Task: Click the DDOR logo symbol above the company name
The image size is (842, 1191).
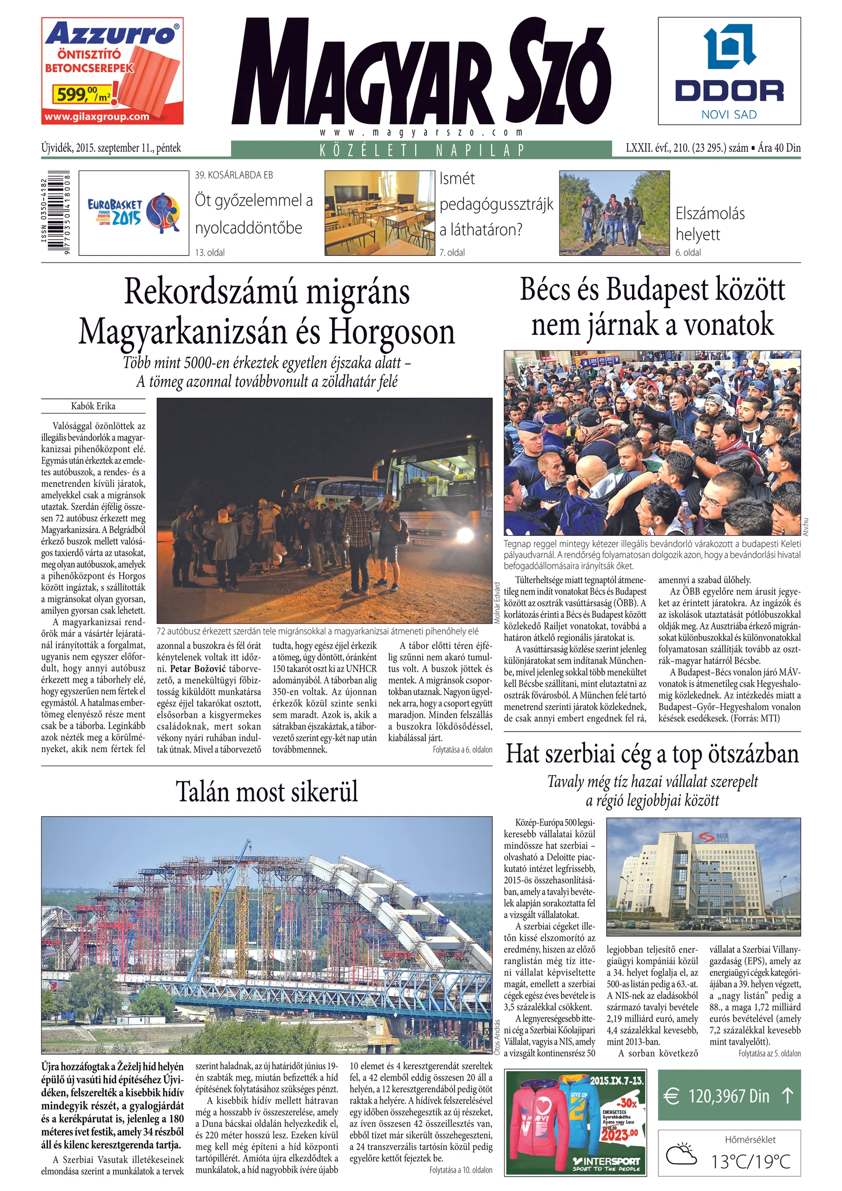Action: tap(729, 48)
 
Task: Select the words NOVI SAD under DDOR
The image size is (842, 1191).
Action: tap(729, 115)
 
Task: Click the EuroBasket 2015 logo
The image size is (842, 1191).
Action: tap(134, 213)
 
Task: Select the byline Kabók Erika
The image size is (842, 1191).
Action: tap(93, 406)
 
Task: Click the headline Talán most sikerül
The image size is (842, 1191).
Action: tap(267, 792)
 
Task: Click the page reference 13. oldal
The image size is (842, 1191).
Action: tap(209, 253)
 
